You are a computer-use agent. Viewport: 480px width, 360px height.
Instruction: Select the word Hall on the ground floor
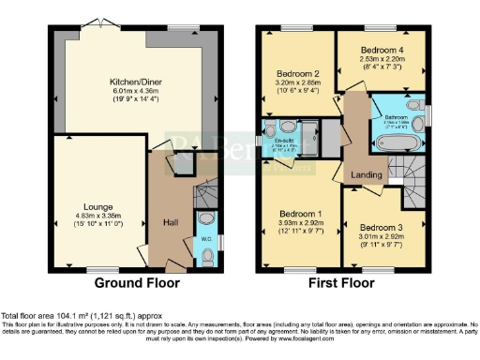[172, 222]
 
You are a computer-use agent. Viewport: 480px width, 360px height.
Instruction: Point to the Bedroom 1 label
[299, 214]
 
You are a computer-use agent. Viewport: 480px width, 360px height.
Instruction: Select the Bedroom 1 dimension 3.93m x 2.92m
[299, 223]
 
